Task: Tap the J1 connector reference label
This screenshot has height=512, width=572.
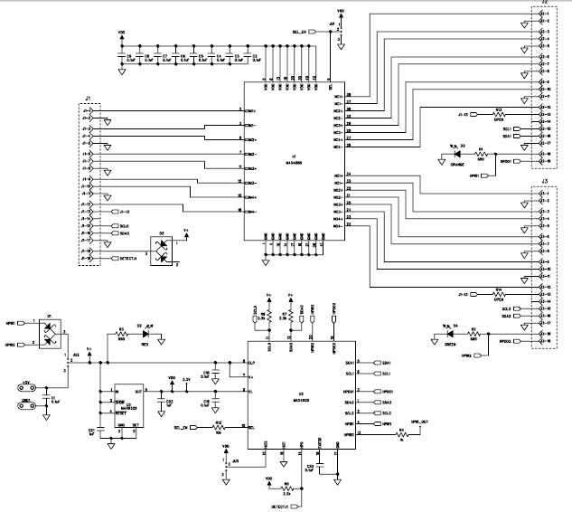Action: [89, 98]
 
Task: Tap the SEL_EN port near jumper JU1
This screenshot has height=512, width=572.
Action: [310, 33]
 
